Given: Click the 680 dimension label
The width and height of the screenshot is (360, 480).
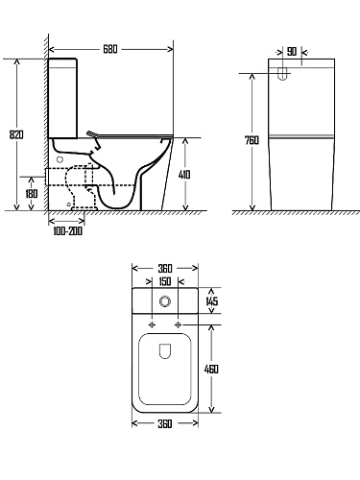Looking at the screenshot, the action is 110,49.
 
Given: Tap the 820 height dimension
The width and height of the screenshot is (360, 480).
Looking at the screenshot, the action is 16,134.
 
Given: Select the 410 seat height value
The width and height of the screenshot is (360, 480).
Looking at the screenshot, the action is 184,175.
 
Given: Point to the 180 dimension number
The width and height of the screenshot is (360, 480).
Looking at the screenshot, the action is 31,194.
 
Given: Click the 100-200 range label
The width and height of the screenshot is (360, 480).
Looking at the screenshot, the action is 67,231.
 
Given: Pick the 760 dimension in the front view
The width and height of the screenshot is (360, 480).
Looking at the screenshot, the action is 252,140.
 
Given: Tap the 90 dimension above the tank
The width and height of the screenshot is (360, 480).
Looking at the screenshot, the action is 292,52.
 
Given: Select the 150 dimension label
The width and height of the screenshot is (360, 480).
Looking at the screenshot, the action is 165,281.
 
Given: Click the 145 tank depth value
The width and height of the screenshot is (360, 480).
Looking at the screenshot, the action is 211,300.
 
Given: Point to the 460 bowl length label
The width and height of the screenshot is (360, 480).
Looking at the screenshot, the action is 211,369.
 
